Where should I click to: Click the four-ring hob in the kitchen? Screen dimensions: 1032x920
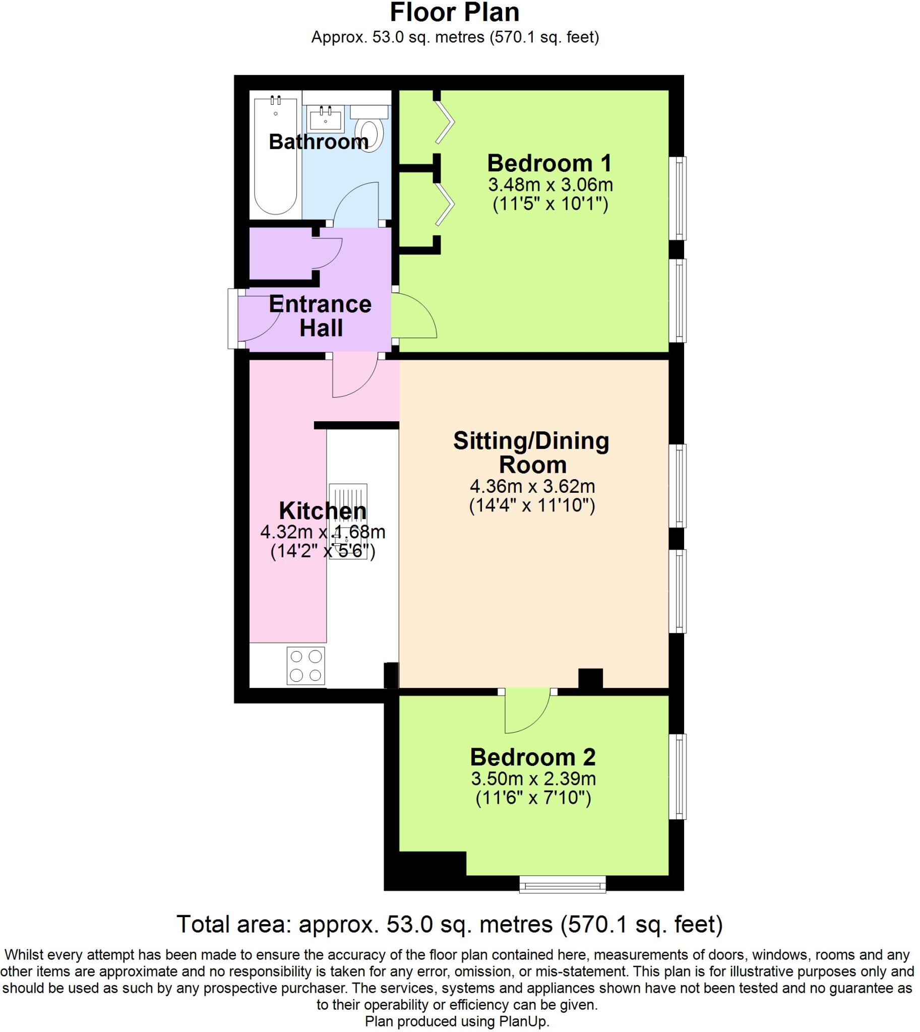(306, 666)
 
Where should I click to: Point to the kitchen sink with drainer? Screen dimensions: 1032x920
(348, 521)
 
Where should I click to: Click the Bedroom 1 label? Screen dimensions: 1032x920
(549, 163)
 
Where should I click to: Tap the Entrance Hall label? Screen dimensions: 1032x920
(320, 316)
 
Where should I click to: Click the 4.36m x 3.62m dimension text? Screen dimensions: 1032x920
(532, 486)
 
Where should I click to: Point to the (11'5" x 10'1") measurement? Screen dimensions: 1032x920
(550, 204)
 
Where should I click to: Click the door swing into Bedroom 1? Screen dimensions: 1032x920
(413, 316)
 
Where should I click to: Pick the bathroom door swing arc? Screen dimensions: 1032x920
(355, 204)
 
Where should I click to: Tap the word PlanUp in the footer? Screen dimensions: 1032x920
(526, 1021)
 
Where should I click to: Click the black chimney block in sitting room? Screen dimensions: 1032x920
(590, 679)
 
